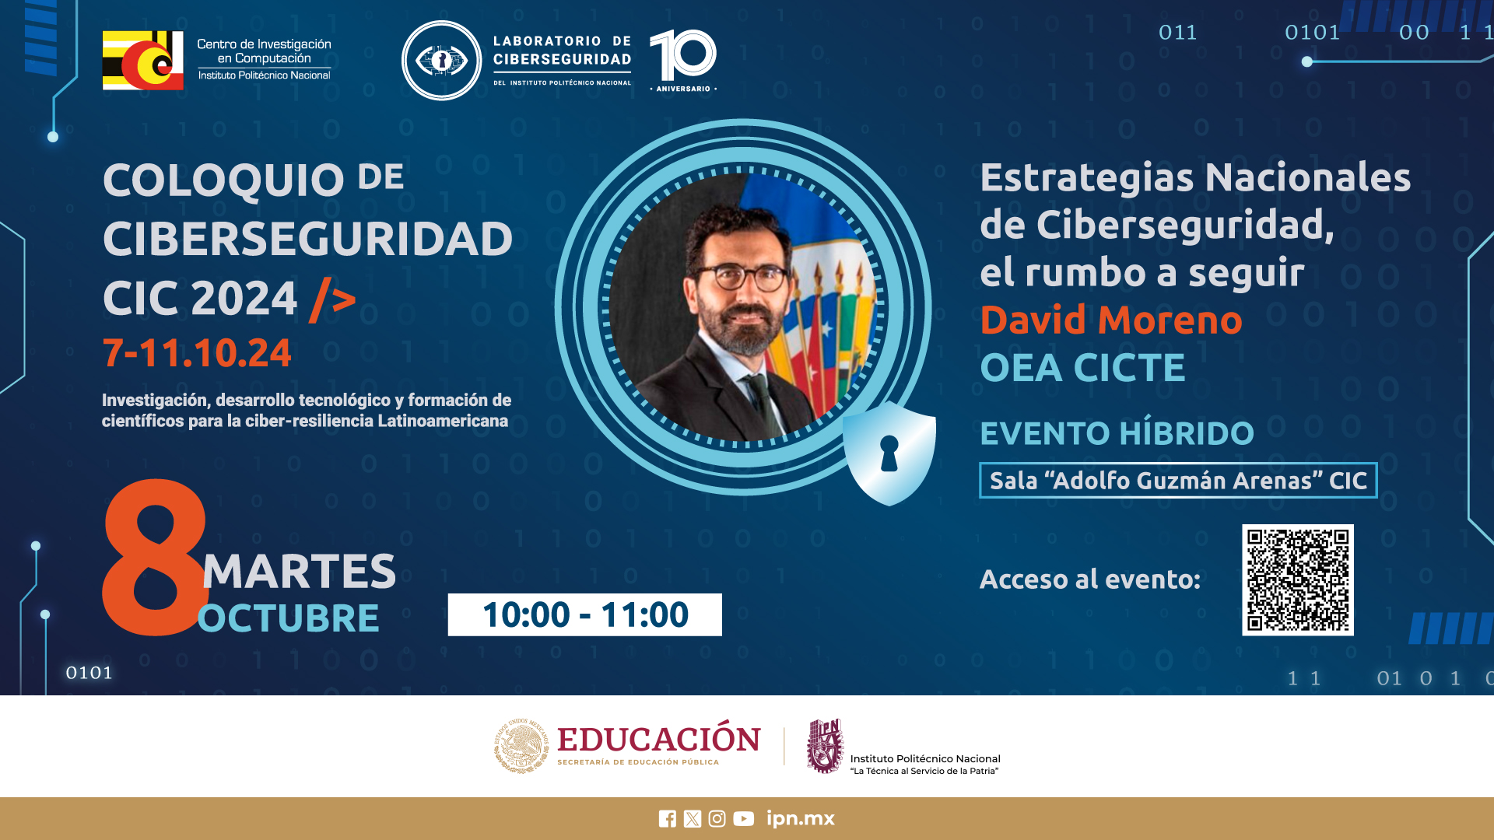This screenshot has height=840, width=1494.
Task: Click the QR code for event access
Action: coord(1297,579)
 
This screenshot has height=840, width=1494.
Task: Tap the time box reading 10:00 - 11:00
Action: coord(584,614)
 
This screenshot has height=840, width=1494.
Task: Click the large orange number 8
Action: coord(155,557)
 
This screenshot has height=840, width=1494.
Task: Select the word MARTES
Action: coord(300,571)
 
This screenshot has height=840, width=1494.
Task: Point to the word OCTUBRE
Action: coord(289,618)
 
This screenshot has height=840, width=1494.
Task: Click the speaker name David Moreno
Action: coord(1111,320)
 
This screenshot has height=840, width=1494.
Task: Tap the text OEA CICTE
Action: coord(1082,367)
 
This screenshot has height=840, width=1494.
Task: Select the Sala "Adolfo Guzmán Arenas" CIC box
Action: coord(1178,480)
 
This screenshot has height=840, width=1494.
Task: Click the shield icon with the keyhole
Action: coord(889,453)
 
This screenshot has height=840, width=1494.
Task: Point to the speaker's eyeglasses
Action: coord(740,276)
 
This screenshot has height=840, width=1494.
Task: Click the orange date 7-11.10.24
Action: coord(197,352)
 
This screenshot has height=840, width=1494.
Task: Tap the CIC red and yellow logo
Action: coord(143,60)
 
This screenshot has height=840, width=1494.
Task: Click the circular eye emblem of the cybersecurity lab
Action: coord(441,60)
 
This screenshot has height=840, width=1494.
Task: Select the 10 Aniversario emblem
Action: coord(683,60)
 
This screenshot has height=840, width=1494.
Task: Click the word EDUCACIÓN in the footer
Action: coord(659,738)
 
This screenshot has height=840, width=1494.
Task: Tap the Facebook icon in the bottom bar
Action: coord(668,818)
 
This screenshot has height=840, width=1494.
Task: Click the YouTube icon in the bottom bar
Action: coord(743,818)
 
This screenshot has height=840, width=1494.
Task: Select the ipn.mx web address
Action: coord(800,818)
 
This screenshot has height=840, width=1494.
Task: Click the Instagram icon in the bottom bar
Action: coord(717,818)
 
